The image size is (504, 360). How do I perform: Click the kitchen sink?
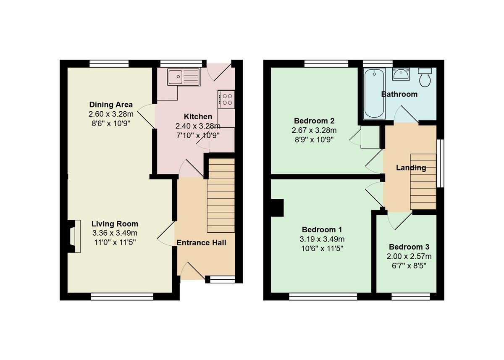tap(184, 77)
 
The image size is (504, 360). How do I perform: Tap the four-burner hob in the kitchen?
tap(226, 99)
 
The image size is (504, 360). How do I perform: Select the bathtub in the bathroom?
tap(374, 93)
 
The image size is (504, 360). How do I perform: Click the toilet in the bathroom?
tap(425, 77)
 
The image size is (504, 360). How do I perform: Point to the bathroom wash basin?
tap(401, 74)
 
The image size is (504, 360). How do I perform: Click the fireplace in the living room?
tap(74, 236)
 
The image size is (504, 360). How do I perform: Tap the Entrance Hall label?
tap(201, 243)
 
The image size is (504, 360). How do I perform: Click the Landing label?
tap(411, 168)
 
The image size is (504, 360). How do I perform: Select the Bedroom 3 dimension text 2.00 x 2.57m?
tap(409, 256)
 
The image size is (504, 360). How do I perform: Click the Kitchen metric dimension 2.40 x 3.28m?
tap(198, 126)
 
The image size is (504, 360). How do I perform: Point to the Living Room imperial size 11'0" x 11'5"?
tap(115, 242)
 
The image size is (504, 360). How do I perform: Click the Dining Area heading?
tap(111, 105)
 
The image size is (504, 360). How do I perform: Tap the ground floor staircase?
tap(221, 195)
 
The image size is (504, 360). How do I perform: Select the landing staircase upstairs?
tap(423, 182)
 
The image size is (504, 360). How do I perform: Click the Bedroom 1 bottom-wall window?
tap(323, 296)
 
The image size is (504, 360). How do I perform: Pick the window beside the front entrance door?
tap(222, 279)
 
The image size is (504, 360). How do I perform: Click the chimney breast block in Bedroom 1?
tap(277, 208)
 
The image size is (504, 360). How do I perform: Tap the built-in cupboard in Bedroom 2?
tap(370, 137)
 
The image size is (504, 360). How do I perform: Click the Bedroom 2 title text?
tap(314, 121)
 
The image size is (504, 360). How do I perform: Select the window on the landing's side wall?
tap(440, 163)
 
